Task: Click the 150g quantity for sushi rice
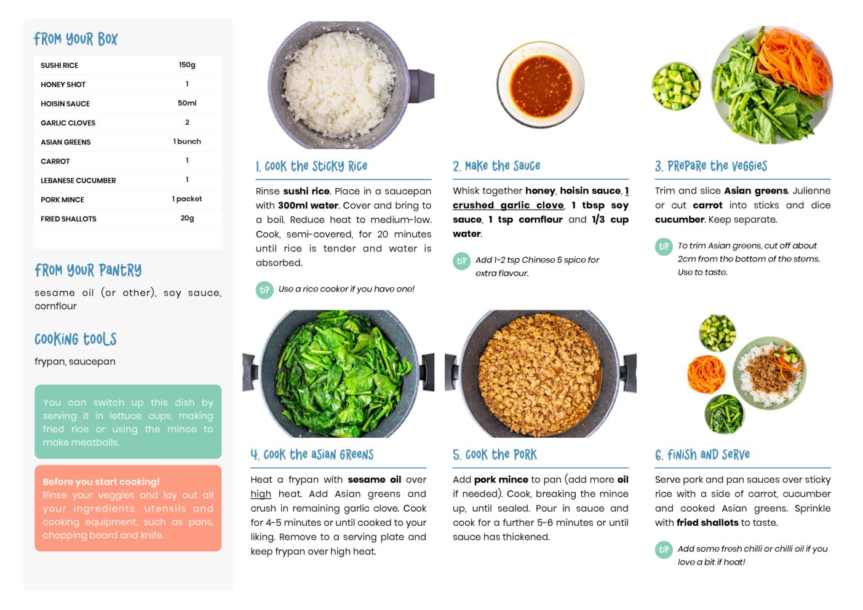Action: tap(187, 65)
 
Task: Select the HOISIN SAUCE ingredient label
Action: tap(65, 103)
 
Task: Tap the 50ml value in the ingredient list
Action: tap(187, 103)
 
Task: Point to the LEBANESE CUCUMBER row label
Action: tap(78, 180)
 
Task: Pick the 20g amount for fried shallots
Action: tap(187, 218)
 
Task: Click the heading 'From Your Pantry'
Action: tap(88, 271)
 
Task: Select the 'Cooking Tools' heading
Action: tap(75, 339)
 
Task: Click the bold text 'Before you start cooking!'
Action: tap(101, 481)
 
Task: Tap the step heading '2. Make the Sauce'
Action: tap(496, 166)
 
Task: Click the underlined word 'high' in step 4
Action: tap(261, 494)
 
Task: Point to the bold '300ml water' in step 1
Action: tap(308, 205)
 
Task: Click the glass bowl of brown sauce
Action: tap(540, 85)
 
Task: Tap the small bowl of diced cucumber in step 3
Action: tap(676, 87)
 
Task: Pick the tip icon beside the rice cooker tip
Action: tap(264, 290)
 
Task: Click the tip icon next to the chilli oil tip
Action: tap(664, 550)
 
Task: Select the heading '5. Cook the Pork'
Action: tap(495, 455)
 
